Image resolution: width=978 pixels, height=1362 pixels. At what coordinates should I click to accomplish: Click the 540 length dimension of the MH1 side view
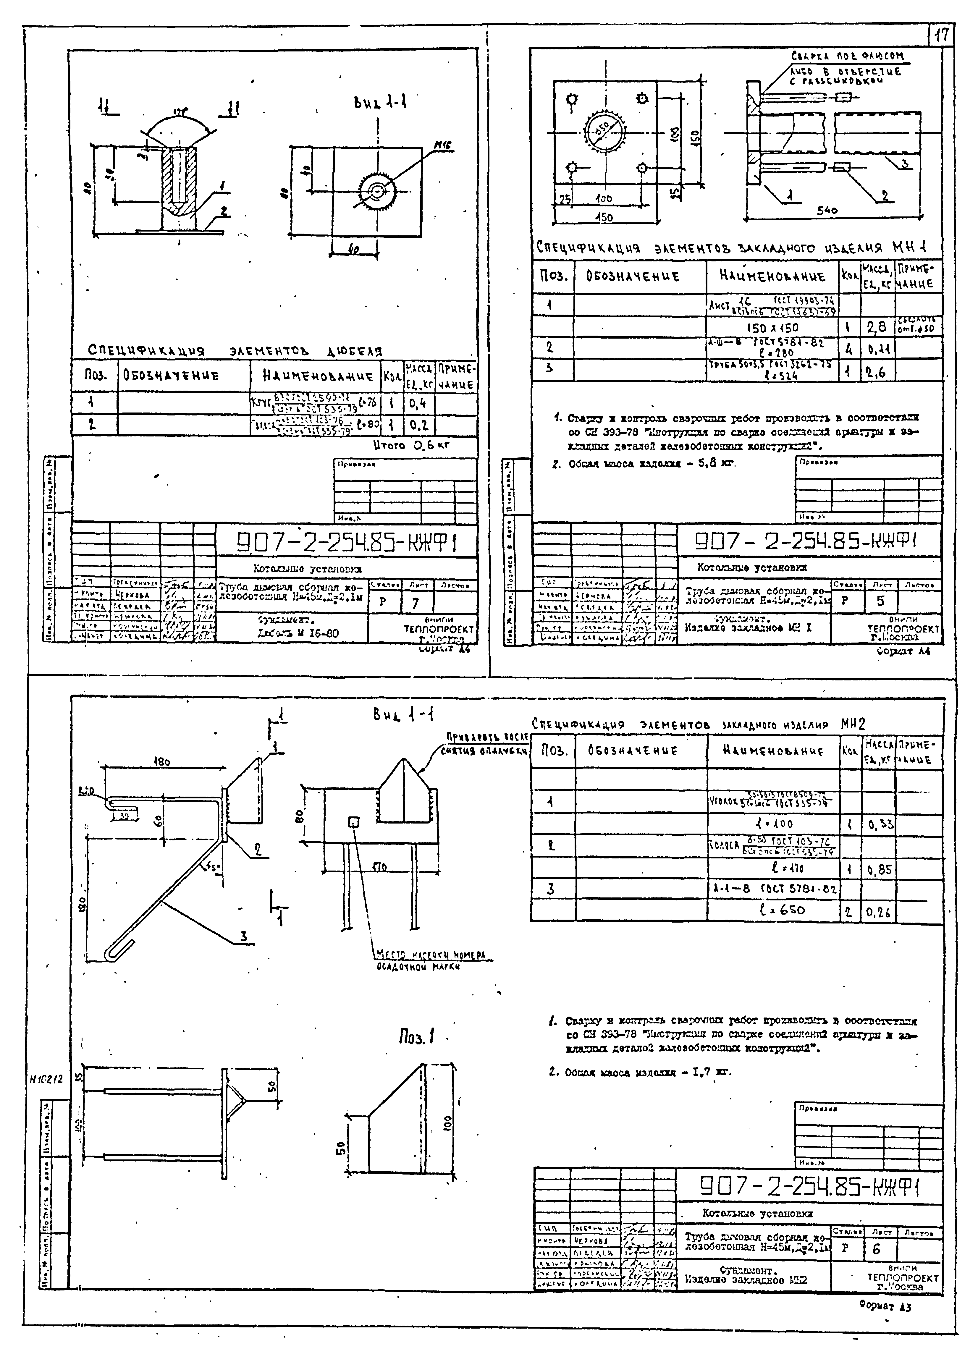point(827,210)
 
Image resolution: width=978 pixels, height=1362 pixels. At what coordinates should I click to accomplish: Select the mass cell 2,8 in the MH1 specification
point(876,327)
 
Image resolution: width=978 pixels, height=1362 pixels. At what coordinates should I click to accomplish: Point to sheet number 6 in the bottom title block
point(876,1249)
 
